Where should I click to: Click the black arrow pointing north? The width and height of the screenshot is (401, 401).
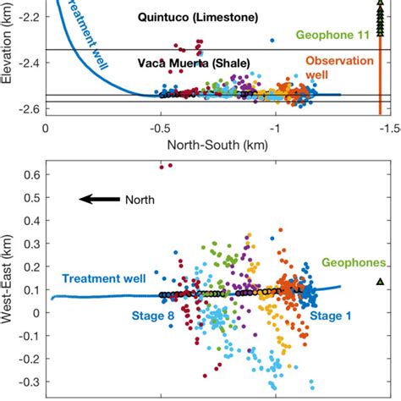(98, 200)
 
